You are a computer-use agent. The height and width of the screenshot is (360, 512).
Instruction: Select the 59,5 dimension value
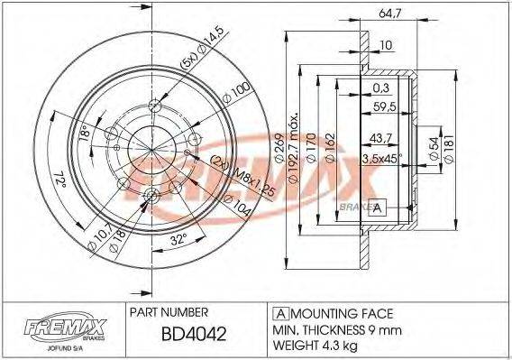click(386, 106)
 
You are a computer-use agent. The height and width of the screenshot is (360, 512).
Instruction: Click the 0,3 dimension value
click(381, 88)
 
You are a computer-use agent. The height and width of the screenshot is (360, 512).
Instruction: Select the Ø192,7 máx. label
click(294, 149)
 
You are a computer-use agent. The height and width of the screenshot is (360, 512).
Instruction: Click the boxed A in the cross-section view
click(378, 208)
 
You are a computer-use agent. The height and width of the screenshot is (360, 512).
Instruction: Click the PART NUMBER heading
click(171, 311)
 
